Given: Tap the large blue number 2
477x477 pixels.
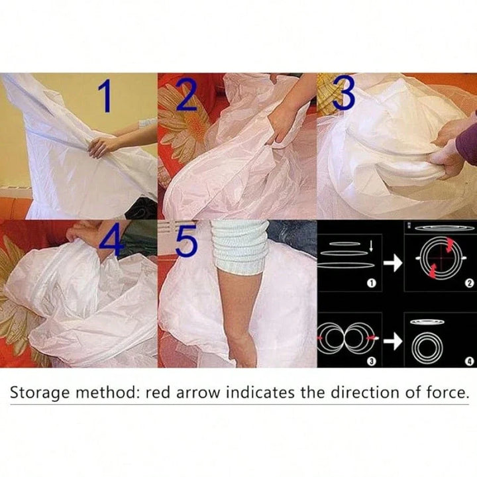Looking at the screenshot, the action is point(186,94).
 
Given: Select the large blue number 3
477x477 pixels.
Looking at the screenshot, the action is point(344,93).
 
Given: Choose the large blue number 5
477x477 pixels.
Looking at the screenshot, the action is point(186,240).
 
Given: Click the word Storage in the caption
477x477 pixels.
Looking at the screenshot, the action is point(40,393).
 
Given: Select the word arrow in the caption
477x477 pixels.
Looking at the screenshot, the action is point(197,394).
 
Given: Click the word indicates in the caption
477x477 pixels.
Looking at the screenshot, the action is point(260,392).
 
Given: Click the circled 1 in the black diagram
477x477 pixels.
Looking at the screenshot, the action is point(371,284).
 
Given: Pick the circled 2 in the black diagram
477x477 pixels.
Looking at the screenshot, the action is point(470,284).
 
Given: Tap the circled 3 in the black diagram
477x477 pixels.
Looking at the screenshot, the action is point(371,361).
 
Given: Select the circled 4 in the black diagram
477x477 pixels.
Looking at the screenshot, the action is point(470,362).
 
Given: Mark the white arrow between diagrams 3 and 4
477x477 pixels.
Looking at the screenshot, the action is point(393,341).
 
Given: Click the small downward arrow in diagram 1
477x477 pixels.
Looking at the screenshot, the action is point(371,246).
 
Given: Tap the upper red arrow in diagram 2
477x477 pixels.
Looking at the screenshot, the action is point(449,244).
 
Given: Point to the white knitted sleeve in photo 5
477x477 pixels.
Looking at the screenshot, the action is point(239,246).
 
